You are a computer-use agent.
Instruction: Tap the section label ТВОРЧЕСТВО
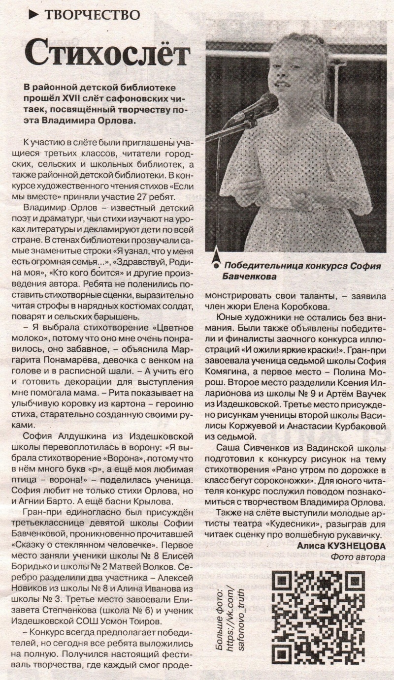[x=92, y=15]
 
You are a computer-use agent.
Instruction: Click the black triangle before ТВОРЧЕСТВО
[x=33, y=15]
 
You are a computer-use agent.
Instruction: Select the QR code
[x=318, y=617]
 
